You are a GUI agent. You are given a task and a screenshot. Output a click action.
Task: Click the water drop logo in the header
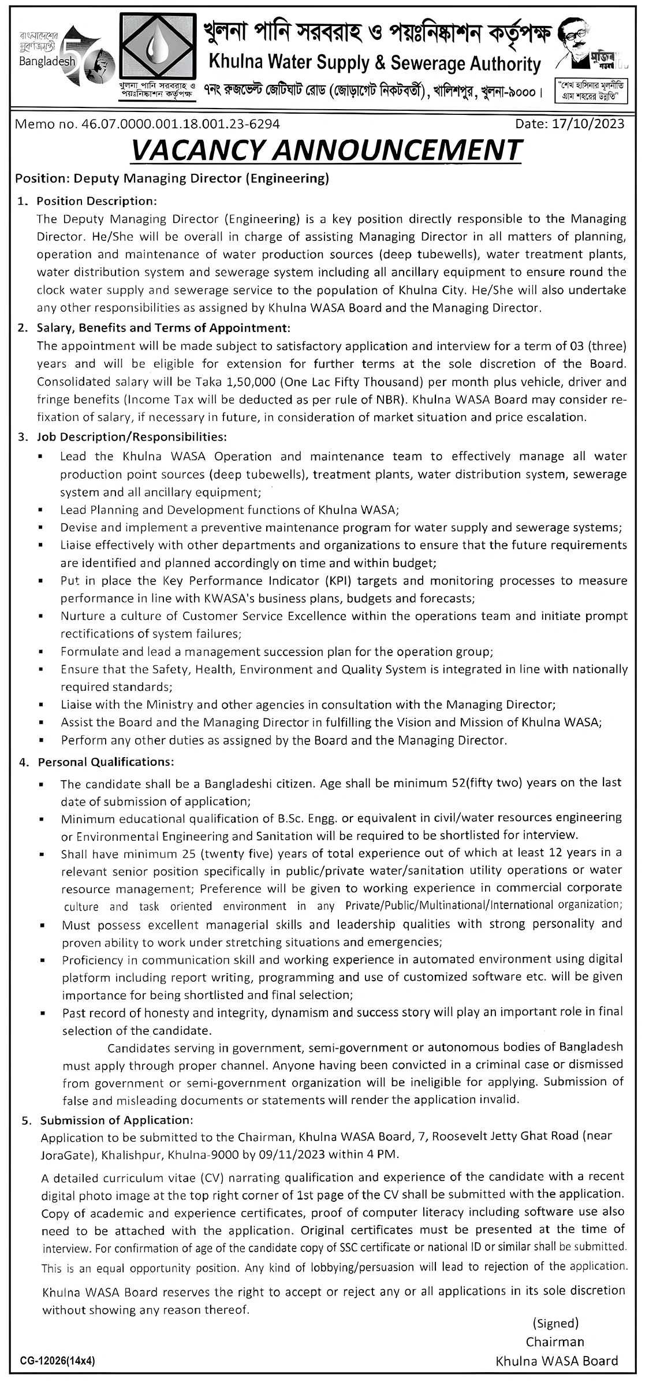click(155, 49)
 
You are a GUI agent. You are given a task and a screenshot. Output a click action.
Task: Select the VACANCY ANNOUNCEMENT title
click(326, 150)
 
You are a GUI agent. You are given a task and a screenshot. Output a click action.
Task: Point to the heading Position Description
click(96, 201)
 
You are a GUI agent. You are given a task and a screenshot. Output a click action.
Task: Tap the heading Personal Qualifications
click(106, 762)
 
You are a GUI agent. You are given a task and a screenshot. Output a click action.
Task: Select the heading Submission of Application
click(115, 1120)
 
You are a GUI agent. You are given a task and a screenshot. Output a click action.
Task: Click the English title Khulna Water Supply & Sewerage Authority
click(374, 64)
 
